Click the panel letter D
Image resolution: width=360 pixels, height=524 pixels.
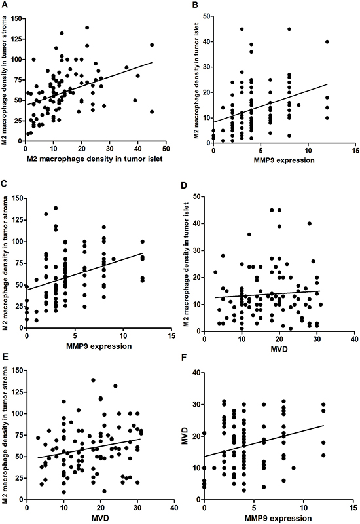click(x=184, y=185)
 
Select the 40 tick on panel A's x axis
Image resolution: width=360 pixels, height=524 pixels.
click(x=137, y=149)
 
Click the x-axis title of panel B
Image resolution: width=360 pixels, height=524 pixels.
click(x=284, y=160)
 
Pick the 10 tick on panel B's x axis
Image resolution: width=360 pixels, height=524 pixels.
click(x=308, y=151)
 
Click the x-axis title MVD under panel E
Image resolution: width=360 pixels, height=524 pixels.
click(x=100, y=518)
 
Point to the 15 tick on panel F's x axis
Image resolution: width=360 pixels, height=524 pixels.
click(x=353, y=507)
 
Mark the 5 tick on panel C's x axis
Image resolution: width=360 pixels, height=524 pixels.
click(x=75, y=335)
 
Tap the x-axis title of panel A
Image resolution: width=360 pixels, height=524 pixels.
click(x=95, y=159)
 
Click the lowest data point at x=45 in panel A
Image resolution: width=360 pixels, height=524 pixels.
click(x=152, y=111)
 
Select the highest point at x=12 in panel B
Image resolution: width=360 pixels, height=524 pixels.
click(x=327, y=42)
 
